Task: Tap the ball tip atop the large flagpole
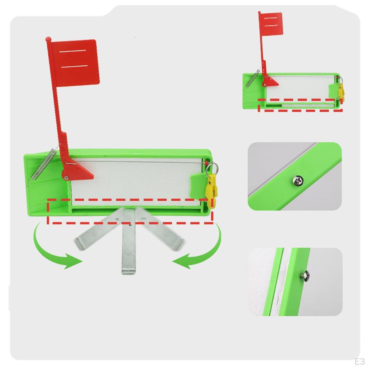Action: click(x=48, y=39)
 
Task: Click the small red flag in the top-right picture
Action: click(x=272, y=24)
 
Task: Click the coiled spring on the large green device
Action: click(x=43, y=164)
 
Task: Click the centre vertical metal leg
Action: click(x=129, y=241)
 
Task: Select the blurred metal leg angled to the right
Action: click(x=159, y=229)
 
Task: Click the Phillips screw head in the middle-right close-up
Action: click(x=298, y=180)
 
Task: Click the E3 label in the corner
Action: click(x=359, y=361)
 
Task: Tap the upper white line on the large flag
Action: click(x=73, y=51)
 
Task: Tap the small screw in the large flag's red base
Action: click(x=66, y=178)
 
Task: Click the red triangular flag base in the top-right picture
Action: click(x=270, y=82)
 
